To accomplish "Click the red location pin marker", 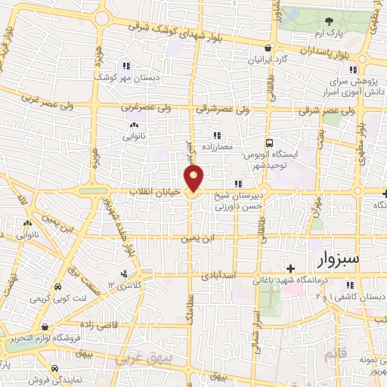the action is point(195,178).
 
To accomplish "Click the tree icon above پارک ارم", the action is point(328,21).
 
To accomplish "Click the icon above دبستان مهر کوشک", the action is point(125,65).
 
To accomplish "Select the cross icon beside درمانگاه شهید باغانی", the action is point(290,268).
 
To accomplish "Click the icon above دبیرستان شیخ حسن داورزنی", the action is point(238,184).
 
